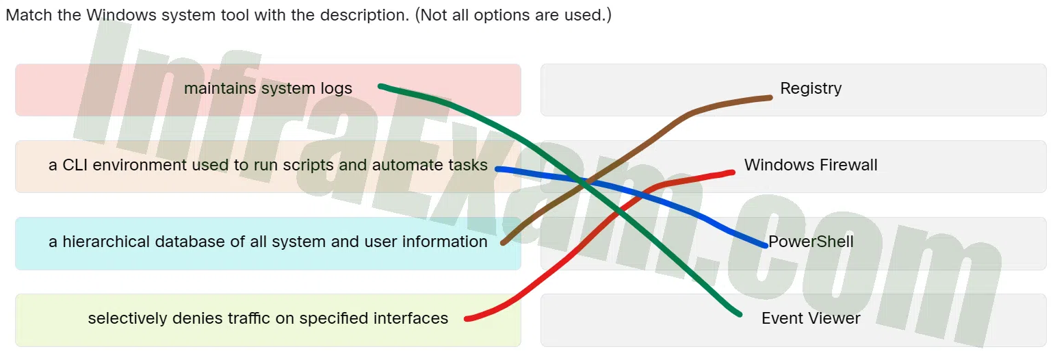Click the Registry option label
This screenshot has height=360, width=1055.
[x=811, y=88]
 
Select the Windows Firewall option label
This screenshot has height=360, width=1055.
[x=811, y=165]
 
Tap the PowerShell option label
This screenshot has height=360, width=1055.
[x=811, y=242]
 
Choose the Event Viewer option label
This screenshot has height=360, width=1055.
[x=811, y=318]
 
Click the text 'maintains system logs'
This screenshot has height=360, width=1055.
[x=268, y=88]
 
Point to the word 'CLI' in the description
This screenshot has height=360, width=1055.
[x=75, y=165]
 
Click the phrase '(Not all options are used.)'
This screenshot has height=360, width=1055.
[x=513, y=15]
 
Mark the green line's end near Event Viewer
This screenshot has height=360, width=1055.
[x=740, y=314]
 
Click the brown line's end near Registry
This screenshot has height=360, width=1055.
[x=770, y=98]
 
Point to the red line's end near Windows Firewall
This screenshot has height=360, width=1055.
[x=733, y=173]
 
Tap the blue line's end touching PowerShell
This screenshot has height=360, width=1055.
[x=766, y=246]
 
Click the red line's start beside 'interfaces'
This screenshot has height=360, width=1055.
[x=467, y=319]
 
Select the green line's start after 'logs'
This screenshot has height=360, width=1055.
[x=380, y=86]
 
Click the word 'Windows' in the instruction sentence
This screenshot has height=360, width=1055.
[x=121, y=15]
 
